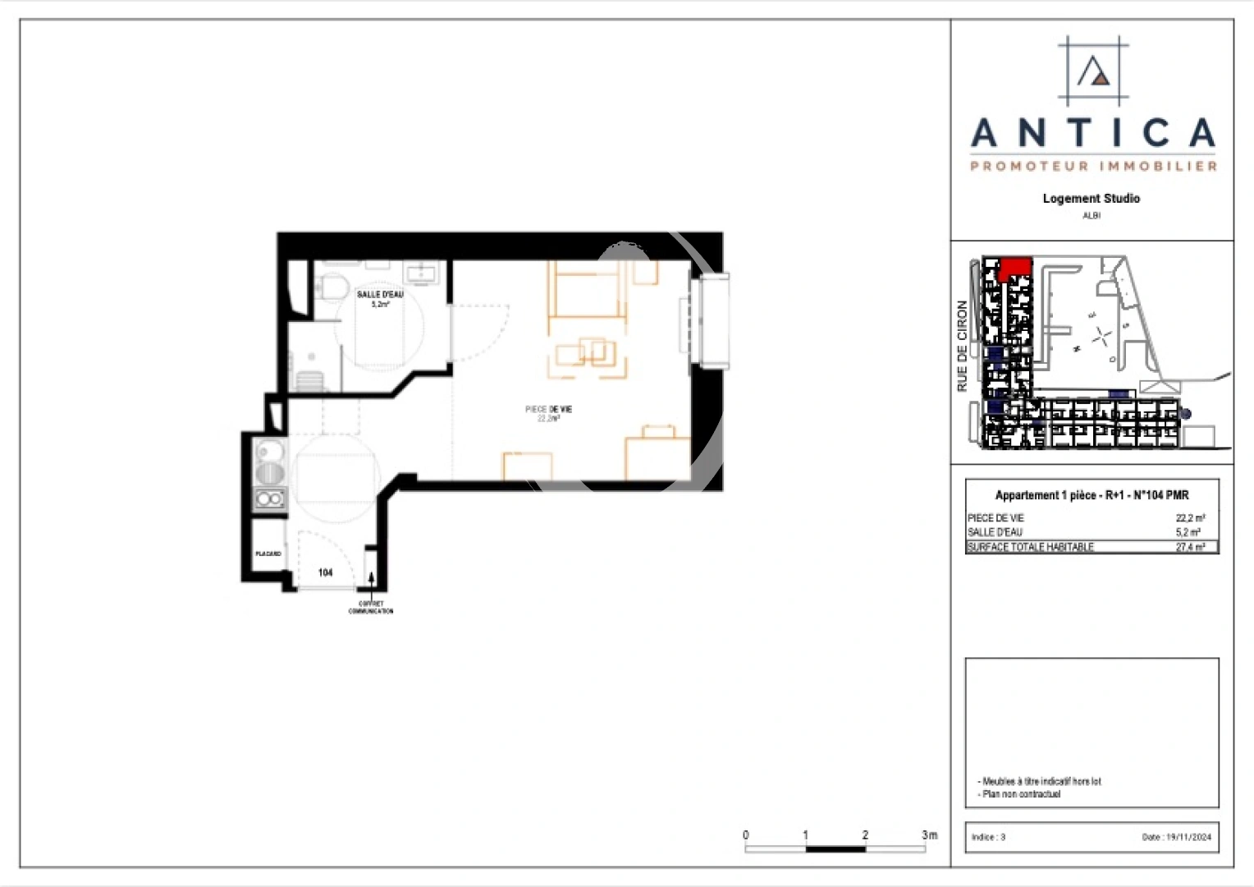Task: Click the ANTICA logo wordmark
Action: (1092, 133)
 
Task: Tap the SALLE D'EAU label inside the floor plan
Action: (380, 294)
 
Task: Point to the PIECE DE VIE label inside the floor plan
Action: (549, 409)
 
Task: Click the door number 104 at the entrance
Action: (326, 572)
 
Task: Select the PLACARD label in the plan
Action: (268, 554)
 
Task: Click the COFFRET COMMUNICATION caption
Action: (371, 608)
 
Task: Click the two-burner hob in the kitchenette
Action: (270, 499)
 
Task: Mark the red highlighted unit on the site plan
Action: (1015, 267)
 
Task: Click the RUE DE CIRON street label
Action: (963, 346)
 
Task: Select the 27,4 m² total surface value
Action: (1190, 547)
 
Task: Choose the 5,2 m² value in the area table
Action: (1188, 532)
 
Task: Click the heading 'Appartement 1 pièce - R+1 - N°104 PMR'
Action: (1092, 495)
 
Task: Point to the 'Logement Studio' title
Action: (1091, 199)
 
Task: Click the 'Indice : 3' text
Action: (988, 837)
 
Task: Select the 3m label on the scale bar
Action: (929, 834)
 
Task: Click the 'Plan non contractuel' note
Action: (1021, 794)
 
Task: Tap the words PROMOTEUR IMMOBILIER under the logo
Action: (1093, 167)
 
